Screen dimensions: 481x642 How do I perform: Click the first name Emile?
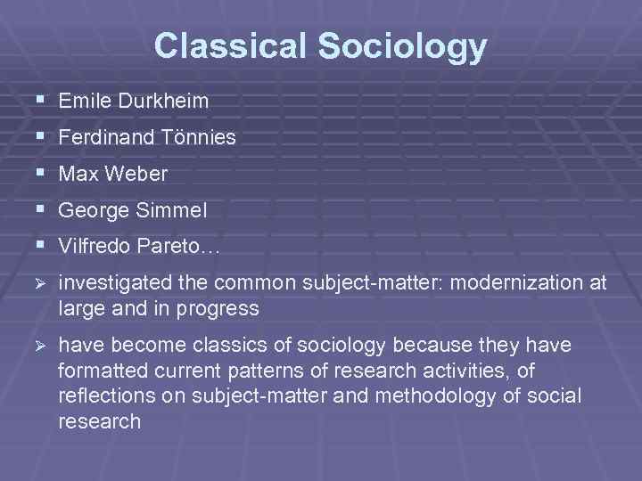click(x=80, y=101)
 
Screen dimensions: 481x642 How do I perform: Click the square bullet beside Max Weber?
click(x=37, y=173)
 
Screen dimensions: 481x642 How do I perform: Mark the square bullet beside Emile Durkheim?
click(x=37, y=100)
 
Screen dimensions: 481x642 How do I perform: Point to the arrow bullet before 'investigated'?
click(x=37, y=284)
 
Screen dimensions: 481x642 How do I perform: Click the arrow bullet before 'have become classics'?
click(x=37, y=345)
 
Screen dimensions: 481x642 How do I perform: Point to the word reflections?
click(x=103, y=394)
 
